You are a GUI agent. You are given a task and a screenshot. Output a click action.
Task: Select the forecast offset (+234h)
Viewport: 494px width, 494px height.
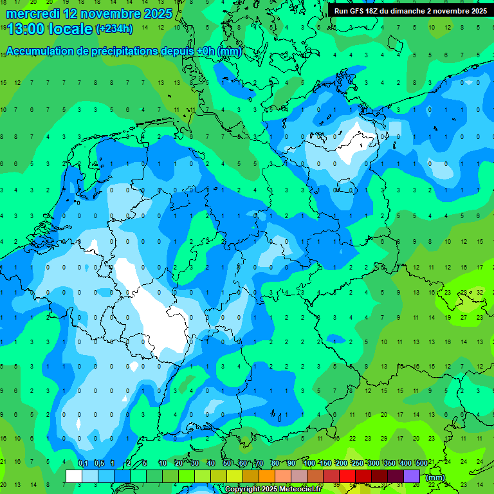pyautogui.click(x=114, y=28)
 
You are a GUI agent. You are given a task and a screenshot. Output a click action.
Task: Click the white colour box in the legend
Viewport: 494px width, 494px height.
pyautogui.click(x=74, y=477)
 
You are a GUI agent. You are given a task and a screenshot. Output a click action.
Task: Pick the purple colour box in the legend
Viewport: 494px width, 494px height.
pyautogui.click(x=412, y=477)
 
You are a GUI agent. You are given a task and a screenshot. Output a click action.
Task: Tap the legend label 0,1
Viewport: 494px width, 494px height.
pyautogui.click(x=83, y=463)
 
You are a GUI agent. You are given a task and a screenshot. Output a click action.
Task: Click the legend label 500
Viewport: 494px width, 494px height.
pyautogui.click(x=421, y=463)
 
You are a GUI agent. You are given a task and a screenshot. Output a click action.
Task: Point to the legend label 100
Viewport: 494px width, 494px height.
pyautogui.click(x=309, y=463)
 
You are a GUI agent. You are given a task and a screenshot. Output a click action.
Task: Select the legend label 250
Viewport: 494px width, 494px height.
pyautogui.click(x=357, y=463)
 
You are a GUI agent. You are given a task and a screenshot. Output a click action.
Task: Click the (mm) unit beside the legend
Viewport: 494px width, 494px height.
pyautogui.click(x=435, y=477)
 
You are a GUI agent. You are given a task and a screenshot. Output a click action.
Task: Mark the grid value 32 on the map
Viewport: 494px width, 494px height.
pyautogui.click(x=479, y=291)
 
